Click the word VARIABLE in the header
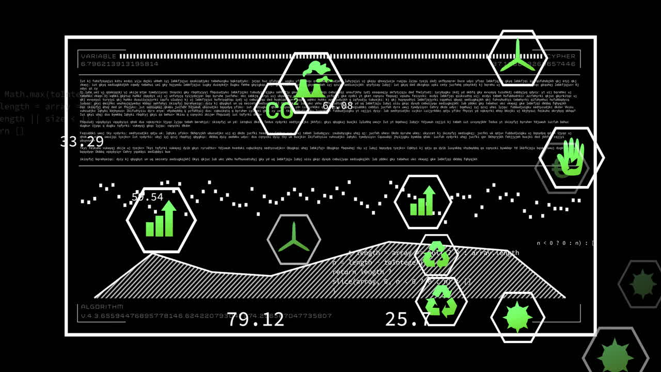[x=99, y=56]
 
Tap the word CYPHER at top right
[x=561, y=56]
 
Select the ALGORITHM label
[x=102, y=307]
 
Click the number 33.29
[x=82, y=142]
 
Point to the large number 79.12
[x=256, y=319]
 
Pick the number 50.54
[x=148, y=197]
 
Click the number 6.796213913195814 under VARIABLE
[x=119, y=64]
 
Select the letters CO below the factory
[x=279, y=110]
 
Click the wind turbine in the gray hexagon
[x=294, y=238]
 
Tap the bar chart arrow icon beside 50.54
[x=161, y=219]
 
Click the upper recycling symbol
[x=436, y=254]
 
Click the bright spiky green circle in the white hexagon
[x=517, y=317]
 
